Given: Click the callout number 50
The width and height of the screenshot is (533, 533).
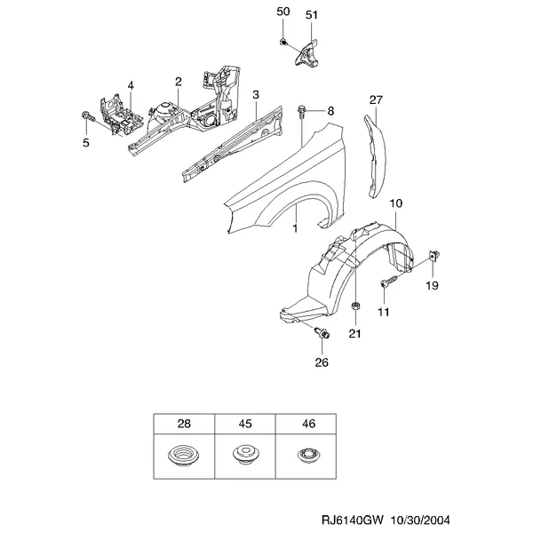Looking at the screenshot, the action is coord(283,12).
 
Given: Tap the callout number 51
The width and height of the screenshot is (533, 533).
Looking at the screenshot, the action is coord(312,15).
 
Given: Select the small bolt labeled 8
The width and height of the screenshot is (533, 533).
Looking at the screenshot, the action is coord(301,111).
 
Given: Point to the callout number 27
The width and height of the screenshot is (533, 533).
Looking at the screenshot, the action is coord(376,99).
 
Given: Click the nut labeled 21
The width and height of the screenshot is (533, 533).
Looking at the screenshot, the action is coord(355,306).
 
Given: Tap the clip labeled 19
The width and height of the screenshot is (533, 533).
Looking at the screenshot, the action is coord(434,255).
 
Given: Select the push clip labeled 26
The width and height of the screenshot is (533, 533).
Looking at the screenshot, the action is coord(322,333).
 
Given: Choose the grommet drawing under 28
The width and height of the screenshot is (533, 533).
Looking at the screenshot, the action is coord(184,456).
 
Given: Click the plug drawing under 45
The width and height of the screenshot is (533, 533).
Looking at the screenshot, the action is coord(246,455).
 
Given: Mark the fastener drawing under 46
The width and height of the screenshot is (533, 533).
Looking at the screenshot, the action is coord(308,455).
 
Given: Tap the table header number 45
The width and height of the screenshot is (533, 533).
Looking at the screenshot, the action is coord(245,424).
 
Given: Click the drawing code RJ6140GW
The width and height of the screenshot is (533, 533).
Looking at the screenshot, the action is coord(353,520).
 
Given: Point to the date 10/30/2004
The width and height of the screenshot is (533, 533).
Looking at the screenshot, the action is coord(420,520).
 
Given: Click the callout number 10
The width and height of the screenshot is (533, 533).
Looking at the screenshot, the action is coord(395,203).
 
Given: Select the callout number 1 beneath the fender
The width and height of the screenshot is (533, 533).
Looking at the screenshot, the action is coord(295,228).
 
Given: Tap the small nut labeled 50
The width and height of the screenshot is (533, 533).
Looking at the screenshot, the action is coord(283,42).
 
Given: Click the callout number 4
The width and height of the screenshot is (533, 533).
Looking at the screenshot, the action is coord(131,85).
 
